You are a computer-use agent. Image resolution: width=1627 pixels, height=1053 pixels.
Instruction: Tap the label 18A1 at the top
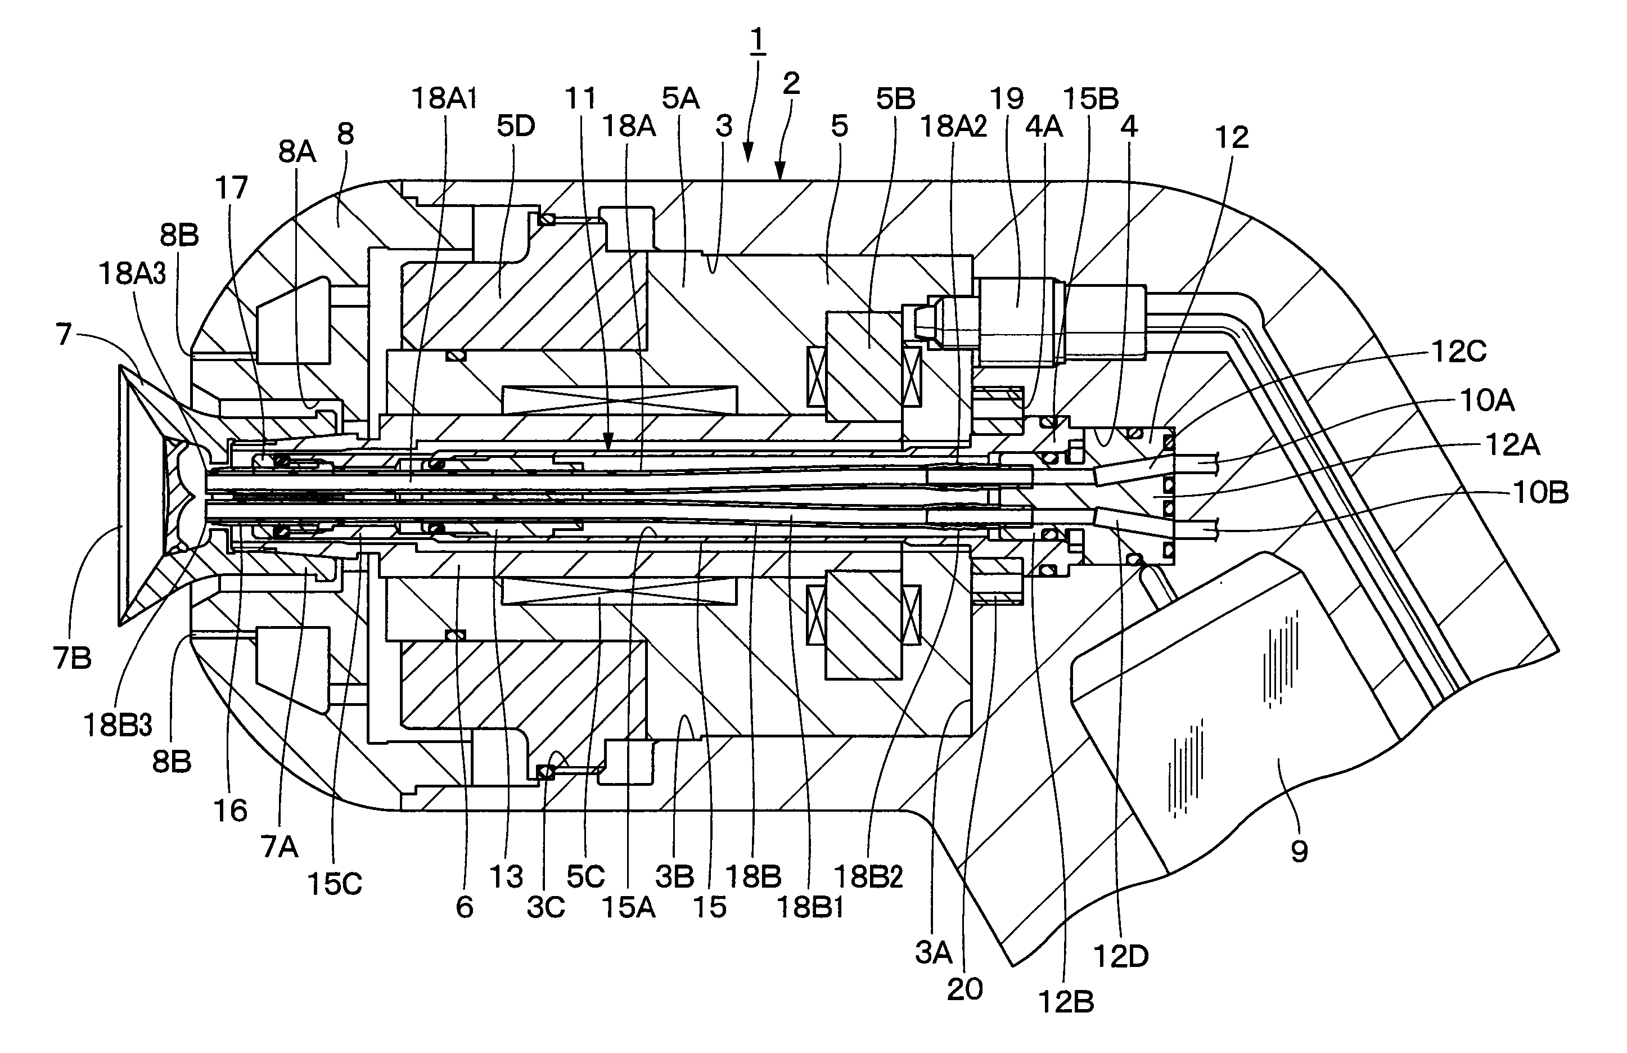(x=444, y=99)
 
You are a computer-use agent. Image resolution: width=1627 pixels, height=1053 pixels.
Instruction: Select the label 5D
(x=516, y=126)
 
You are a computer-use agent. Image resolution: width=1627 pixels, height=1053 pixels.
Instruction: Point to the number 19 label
(x=1007, y=99)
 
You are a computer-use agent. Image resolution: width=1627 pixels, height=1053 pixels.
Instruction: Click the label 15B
(x=1091, y=99)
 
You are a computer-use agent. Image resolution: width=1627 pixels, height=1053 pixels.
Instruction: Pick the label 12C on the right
(x=1459, y=352)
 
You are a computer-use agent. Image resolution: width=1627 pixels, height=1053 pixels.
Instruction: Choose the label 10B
(x=1541, y=492)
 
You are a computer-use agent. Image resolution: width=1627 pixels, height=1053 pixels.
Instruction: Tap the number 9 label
(x=1299, y=851)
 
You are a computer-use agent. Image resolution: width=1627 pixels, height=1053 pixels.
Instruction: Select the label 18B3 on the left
(x=118, y=725)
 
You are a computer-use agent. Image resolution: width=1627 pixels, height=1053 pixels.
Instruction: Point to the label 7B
(x=72, y=657)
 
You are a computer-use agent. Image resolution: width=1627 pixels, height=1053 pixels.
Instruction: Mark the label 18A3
(x=133, y=273)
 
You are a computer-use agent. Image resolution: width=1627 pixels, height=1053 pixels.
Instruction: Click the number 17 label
(x=231, y=187)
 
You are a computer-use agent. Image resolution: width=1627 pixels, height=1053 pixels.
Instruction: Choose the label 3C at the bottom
(x=546, y=907)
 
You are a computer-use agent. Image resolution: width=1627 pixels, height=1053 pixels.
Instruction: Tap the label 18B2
(x=869, y=876)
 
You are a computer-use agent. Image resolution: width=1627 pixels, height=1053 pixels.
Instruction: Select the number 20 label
(x=965, y=989)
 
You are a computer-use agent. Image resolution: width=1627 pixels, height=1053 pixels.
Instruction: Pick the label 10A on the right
(x=1487, y=400)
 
